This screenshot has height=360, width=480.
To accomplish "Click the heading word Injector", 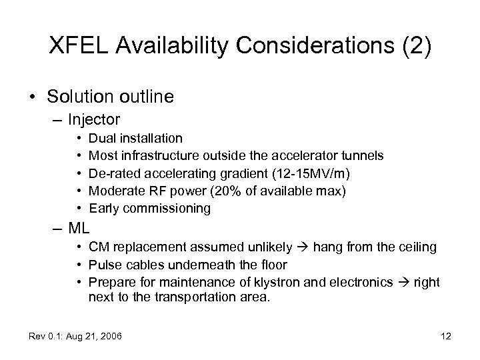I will [93, 120].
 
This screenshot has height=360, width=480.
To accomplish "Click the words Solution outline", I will [110, 97].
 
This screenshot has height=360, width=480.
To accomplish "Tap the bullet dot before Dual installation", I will [79, 139].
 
